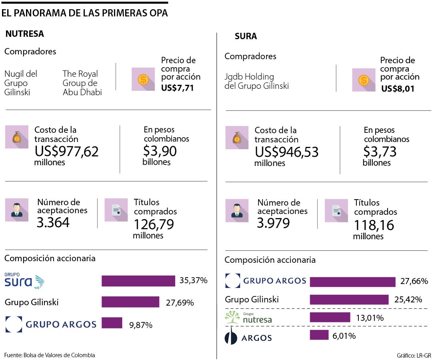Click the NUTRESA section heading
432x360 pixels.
(24, 34)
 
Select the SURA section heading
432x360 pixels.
(246, 36)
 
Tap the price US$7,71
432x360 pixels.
(178, 88)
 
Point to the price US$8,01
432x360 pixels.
(398, 89)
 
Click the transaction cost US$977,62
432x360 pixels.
(67, 151)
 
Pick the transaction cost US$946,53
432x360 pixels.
(287, 152)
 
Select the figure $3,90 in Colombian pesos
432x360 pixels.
(160, 151)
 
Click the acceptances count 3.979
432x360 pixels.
(273, 223)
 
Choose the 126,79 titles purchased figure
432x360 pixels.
(154, 224)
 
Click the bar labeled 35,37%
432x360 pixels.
(138, 281)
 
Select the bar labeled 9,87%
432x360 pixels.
(112, 323)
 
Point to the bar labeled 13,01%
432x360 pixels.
(330, 318)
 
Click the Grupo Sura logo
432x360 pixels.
(24, 281)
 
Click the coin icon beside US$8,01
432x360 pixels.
(364, 80)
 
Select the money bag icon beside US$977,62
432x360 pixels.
(17, 137)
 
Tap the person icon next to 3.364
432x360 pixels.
(17, 210)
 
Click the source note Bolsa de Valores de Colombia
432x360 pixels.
(50, 355)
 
